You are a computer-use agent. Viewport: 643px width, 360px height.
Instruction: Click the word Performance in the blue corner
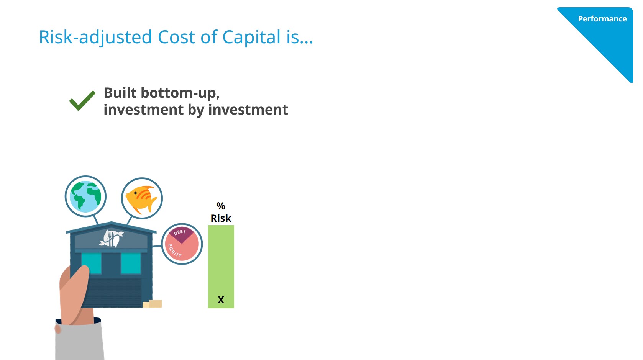click(x=602, y=19)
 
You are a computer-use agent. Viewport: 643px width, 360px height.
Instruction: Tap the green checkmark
click(x=82, y=100)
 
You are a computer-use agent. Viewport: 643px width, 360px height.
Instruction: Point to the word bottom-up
click(x=180, y=93)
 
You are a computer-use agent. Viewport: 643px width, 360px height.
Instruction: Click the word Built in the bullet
click(x=120, y=93)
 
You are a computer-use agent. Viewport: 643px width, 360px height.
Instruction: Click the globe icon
click(x=85, y=196)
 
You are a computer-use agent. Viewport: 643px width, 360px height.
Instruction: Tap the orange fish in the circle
click(x=141, y=199)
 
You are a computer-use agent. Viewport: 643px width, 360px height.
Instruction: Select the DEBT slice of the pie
click(x=181, y=234)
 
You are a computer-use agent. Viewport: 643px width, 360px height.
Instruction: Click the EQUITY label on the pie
click(x=174, y=251)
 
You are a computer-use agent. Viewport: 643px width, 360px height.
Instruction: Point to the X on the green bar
click(x=221, y=300)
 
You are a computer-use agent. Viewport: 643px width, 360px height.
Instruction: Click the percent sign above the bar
click(x=221, y=206)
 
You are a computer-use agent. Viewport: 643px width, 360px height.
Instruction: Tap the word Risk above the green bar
click(x=221, y=218)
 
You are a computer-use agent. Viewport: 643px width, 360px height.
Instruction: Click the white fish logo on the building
click(x=111, y=238)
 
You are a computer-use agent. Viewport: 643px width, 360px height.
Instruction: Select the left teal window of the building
click(x=91, y=263)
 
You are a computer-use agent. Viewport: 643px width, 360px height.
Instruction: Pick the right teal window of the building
click(x=131, y=263)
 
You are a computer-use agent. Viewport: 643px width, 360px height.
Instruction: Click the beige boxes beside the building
click(x=152, y=304)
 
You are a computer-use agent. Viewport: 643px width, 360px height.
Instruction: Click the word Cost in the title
click(x=176, y=37)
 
